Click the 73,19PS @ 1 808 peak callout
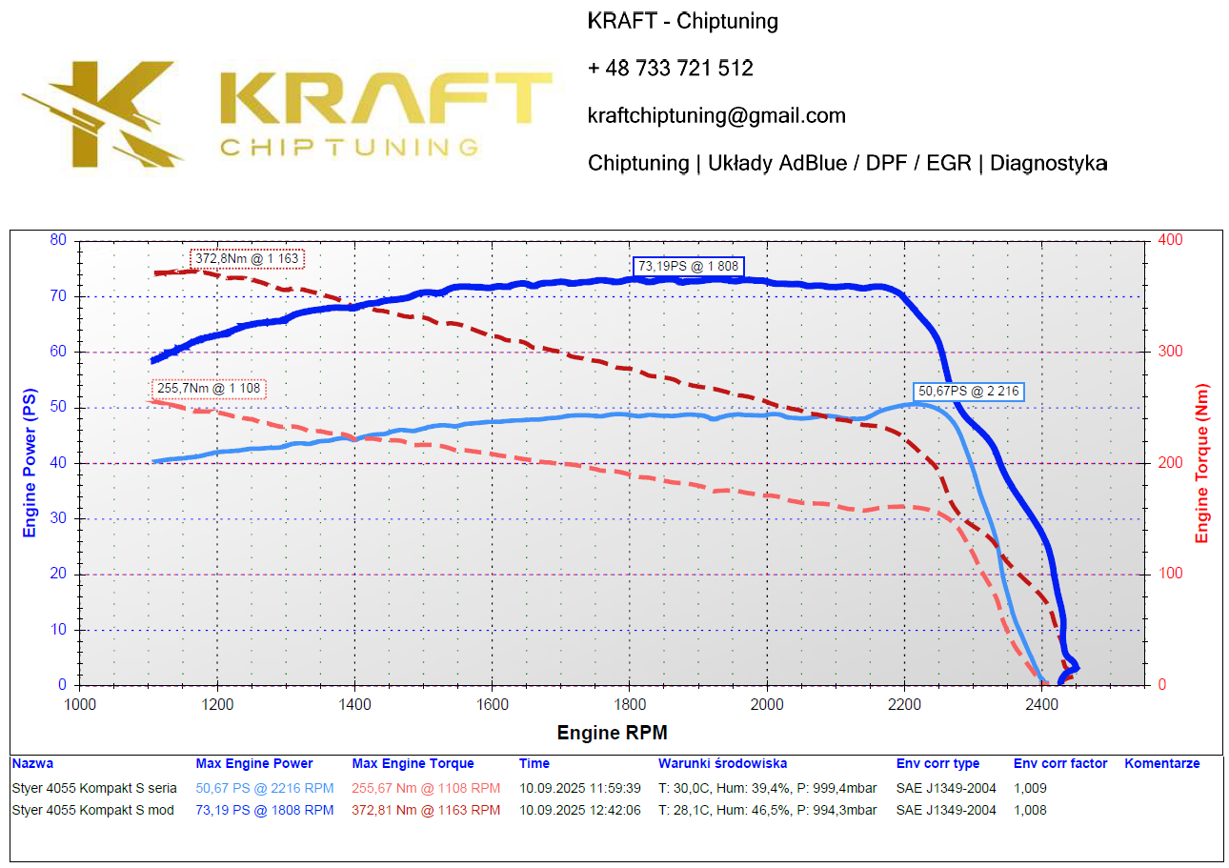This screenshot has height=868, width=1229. (x=687, y=266)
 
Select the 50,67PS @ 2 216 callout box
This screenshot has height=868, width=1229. (x=969, y=391)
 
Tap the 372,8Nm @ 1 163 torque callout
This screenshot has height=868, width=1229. (x=248, y=258)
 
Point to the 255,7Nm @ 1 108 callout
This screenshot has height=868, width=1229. (x=208, y=389)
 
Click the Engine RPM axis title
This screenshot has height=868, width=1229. (x=612, y=733)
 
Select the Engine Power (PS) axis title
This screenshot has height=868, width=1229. (x=30, y=462)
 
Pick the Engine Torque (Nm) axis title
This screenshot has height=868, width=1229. (x=1202, y=462)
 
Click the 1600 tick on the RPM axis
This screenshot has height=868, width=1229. (x=492, y=705)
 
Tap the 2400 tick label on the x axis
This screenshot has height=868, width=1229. (x=1042, y=705)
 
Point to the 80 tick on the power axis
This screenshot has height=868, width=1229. (x=59, y=240)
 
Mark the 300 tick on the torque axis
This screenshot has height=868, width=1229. (x=1169, y=352)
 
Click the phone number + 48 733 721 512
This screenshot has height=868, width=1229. (x=670, y=69)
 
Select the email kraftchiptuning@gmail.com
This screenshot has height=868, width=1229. (x=716, y=116)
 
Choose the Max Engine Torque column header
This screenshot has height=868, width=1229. (x=413, y=763)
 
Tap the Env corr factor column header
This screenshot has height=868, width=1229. (x=1059, y=763)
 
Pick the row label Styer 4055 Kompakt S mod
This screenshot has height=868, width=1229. (x=93, y=810)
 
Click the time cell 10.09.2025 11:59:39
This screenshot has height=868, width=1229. (x=579, y=788)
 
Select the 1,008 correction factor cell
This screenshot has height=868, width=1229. (x=1030, y=810)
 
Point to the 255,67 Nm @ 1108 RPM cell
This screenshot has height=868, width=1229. (x=426, y=788)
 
